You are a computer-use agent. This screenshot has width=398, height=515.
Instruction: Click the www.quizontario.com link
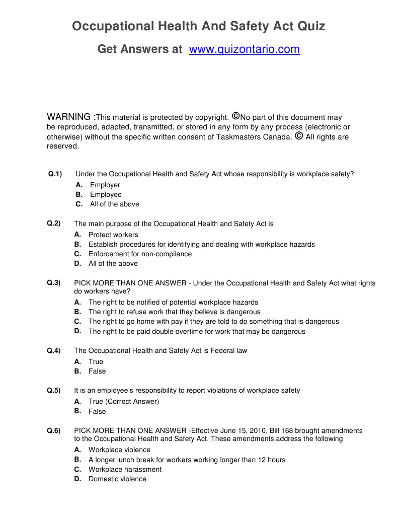(245, 49)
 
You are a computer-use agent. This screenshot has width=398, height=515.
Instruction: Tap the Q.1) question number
(55, 174)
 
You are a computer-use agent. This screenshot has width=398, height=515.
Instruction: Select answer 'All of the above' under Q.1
(114, 204)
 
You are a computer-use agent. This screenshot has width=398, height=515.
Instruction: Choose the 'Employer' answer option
(105, 185)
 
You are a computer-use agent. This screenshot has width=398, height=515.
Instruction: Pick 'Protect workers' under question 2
(113, 235)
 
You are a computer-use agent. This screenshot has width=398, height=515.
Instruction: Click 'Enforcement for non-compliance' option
(140, 254)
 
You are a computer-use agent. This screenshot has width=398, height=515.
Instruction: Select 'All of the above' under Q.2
(113, 264)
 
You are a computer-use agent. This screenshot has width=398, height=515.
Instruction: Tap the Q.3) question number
(54, 283)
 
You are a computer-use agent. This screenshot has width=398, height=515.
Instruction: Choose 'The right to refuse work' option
(174, 312)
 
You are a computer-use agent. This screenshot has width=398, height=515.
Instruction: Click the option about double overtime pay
(197, 332)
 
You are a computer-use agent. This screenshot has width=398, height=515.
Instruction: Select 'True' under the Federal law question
(96, 362)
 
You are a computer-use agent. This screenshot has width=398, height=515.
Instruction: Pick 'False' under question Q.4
(97, 372)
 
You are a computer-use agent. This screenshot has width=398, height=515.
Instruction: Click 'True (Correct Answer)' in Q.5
(123, 402)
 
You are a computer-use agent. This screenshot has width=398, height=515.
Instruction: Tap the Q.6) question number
(54, 430)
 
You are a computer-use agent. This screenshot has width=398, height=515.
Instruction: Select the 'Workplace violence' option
(119, 450)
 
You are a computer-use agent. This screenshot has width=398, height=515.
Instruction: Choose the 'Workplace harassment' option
(125, 470)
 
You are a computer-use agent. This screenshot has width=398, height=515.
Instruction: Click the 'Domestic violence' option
(117, 479)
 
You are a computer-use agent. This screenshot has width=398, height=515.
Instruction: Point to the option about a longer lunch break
(187, 460)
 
